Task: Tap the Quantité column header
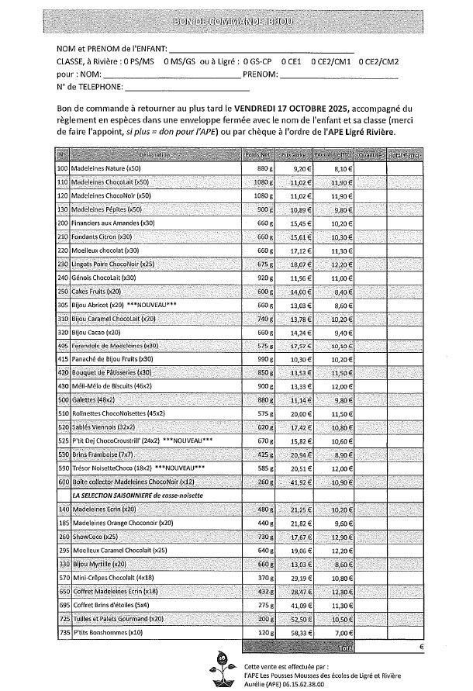click(371, 155)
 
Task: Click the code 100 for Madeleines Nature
click(63, 168)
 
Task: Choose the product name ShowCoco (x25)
click(91, 537)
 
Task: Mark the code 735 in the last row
click(63, 633)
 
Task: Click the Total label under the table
click(345, 645)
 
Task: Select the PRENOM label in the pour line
click(260, 74)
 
